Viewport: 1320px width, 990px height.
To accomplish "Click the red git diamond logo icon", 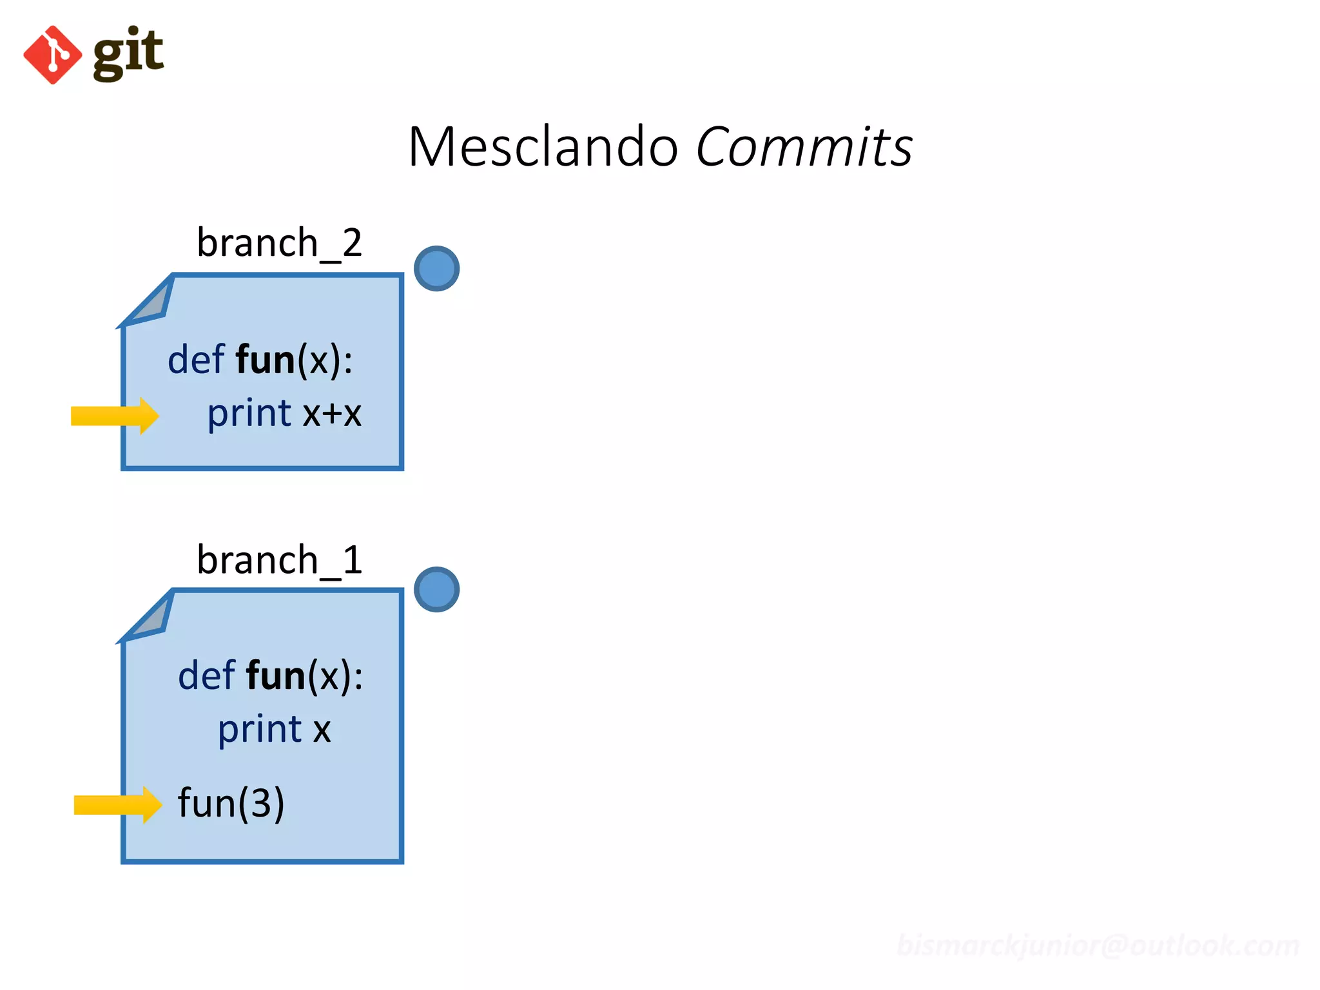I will (53, 55).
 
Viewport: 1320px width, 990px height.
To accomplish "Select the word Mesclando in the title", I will (543, 147).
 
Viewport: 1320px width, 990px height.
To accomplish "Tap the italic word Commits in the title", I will (804, 147).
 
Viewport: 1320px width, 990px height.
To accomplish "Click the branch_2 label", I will (279, 243).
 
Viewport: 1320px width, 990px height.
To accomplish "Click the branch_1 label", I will (279, 559).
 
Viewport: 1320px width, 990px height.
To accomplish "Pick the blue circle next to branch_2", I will (436, 269).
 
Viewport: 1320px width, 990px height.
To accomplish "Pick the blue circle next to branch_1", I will (436, 589).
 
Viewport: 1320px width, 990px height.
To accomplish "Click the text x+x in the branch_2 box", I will (332, 413).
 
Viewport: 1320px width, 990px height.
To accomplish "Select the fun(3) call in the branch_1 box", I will (231, 803).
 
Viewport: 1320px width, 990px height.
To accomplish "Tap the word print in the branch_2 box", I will (249, 413).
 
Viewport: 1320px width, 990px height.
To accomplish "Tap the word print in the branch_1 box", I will (260, 730).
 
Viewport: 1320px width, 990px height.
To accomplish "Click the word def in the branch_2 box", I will (196, 360).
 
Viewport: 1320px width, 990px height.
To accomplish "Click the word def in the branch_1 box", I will (206, 675).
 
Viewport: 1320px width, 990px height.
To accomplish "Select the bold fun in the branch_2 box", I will (265, 360).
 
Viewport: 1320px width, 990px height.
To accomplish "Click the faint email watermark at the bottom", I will (1097, 946).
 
